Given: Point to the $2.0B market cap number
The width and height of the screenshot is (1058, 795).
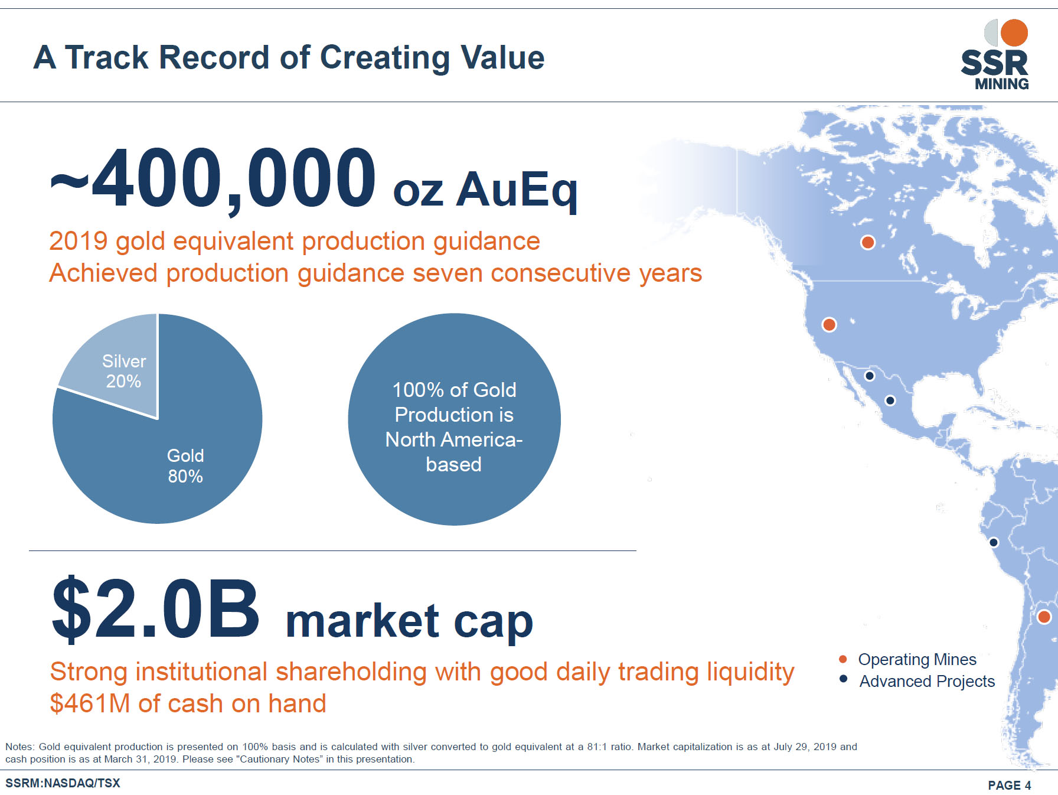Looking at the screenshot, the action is tap(156, 610).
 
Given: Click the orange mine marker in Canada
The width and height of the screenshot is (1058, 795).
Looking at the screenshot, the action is tap(867, 242).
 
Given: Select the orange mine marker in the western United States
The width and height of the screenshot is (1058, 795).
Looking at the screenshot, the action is tap(829, 324).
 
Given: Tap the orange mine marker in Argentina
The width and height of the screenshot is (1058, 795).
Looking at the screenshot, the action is tap(1044, 617).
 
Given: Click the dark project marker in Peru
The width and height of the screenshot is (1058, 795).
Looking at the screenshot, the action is tap(994, 542).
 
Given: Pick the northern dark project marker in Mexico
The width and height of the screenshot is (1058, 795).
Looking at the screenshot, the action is tap(869, 376).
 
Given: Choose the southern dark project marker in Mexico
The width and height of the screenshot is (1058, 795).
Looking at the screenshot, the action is tap(890, 400).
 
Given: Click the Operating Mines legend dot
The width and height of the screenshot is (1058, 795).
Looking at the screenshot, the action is tap(843, 659).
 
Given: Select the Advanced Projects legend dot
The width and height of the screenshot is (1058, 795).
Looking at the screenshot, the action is tap(843, 679).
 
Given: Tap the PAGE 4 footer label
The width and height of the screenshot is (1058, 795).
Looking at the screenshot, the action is tap(1010, 785).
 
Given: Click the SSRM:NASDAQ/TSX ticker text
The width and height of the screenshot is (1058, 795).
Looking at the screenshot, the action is tap(63, 783).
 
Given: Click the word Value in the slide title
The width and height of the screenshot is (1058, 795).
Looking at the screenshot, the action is tap(502, 58).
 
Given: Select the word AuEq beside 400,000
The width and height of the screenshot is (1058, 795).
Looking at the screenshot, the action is tap(517, 191).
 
